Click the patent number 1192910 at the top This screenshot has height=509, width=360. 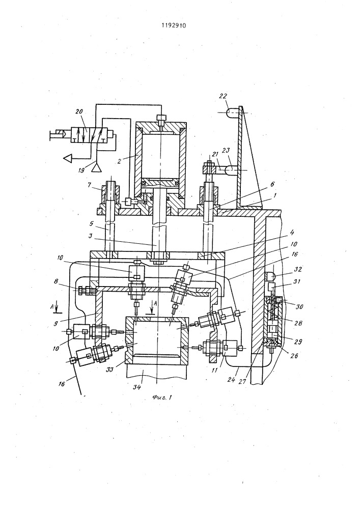tap(174, 25)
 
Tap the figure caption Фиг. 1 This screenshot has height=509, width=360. tap(161, 398)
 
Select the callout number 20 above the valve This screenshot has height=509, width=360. tap(79, 111)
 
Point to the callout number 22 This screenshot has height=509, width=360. tap(223, 96)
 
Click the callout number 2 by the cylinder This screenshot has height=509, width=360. tap(120, 161)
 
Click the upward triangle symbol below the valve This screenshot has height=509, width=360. tap(96, 168)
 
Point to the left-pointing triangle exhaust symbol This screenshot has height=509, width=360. tap(68, 158)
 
